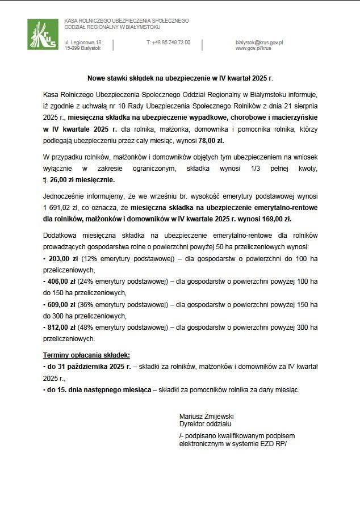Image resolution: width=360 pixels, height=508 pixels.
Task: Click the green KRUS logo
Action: pos(42,34)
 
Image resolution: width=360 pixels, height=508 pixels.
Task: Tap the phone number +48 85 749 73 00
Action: pos(168,43)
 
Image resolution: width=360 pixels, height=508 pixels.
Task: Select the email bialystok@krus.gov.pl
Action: pos(259,43)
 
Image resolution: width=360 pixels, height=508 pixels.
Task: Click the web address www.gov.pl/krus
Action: pos(253,49)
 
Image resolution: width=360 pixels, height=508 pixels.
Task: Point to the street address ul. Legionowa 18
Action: pos(83,43)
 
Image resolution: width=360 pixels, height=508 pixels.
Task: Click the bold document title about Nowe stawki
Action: pos(180,77)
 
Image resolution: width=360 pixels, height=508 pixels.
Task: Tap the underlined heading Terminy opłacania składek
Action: pos(86,355)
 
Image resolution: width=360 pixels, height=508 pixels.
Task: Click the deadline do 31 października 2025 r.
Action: pos(86,367)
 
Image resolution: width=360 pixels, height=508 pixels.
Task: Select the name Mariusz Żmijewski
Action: pos(206,416)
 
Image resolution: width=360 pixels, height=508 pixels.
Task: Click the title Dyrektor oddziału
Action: pos(205,424)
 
